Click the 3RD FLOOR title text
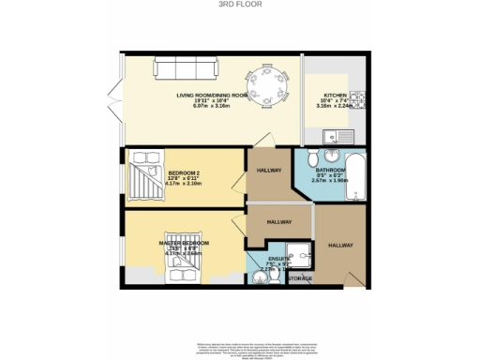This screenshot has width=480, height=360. [x=240, y=5]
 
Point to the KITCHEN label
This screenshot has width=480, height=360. [x=336, y=96]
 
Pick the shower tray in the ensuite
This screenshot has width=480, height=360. [x=298, y=253]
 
